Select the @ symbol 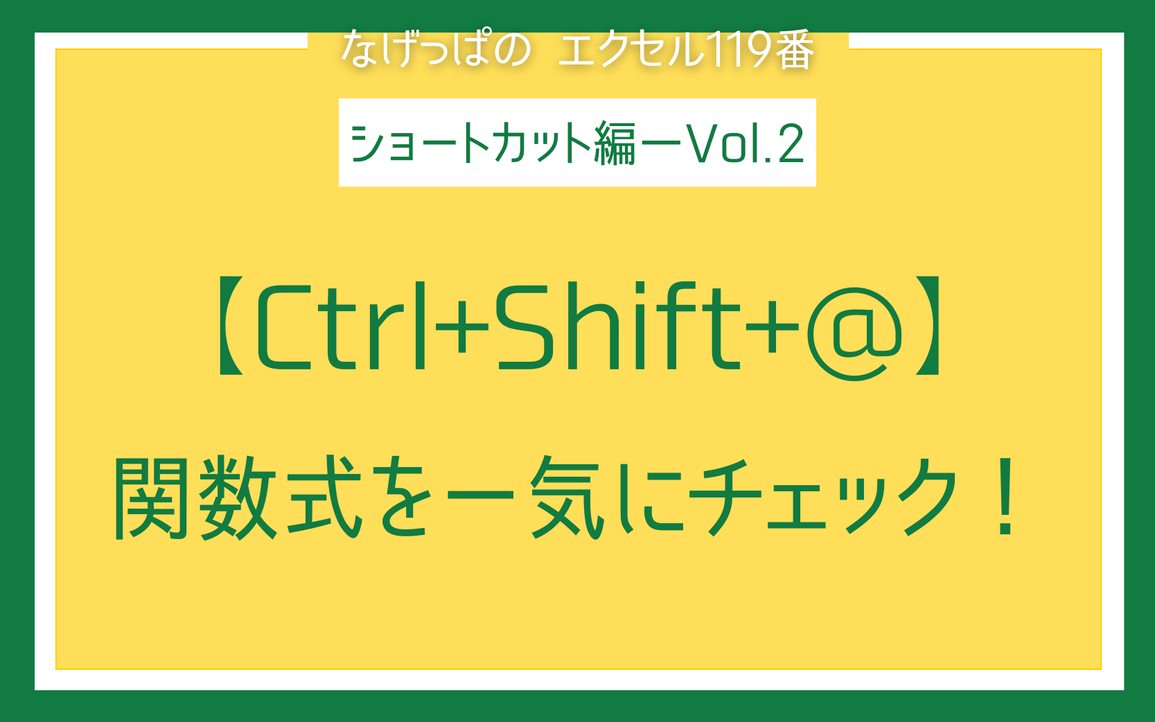[854, 333]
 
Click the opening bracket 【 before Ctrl [231, 326]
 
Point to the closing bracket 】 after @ [928, 326]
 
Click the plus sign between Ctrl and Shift [461, 326]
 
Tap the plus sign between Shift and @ [773, 326]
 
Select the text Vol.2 [745, 143]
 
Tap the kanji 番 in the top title [795, 49]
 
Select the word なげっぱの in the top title [436, 49]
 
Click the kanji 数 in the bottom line [238, 498]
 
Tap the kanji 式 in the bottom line [325, 497]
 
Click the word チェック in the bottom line [823, 497]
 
